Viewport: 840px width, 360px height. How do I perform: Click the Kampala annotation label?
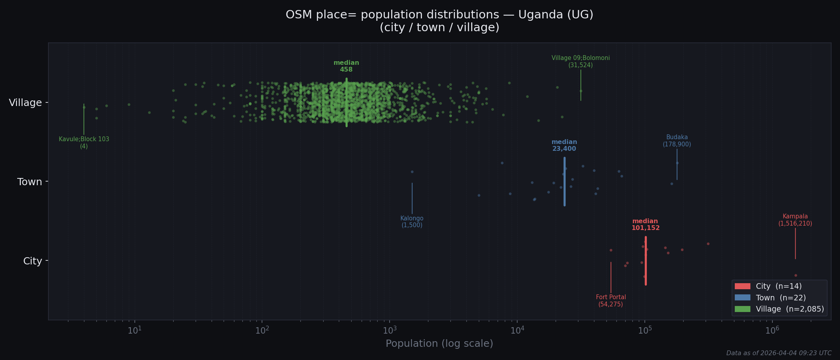pyautogui.click(x=795, y=220)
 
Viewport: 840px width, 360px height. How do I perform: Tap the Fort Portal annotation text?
pyautogui.click(x=611, y=300)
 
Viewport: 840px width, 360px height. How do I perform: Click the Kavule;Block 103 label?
pyautogui.click(x=84, y=142)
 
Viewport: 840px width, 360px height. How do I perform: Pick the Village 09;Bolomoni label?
pyautogui.click(x=580, y=61)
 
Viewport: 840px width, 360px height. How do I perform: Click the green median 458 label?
pyautogui.click(x=346, y=66)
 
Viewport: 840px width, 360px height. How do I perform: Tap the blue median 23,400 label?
pyautogui.click(x=564, y=145)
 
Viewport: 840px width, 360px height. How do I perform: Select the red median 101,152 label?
pyautogui.click(x=645, y=224)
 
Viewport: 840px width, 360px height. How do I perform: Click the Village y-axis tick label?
pyautogui.click(x=25, y=103)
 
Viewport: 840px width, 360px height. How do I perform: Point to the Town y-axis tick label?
pyautogui.click(x=30, y=182)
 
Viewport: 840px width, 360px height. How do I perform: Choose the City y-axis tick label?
pyautogui.click(x=32, y=261)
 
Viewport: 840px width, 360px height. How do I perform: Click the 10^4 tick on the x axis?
pyautogui.click(x=517, y=330)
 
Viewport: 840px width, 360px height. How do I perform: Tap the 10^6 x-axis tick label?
pyautogui.click(x=772, y=330)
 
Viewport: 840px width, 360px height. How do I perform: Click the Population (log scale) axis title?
pyautogui.click(x=439, y=344)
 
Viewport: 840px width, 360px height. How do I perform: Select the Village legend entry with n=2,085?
pyautogui.click(x=790, y=309)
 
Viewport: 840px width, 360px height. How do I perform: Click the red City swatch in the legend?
pyautogui.click(x=742, y=286)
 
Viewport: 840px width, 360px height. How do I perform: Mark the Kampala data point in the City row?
pyautogui.click(x=796, y=275)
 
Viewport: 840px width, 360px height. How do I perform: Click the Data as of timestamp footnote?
pyautogui.click(x=779, y=353)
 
